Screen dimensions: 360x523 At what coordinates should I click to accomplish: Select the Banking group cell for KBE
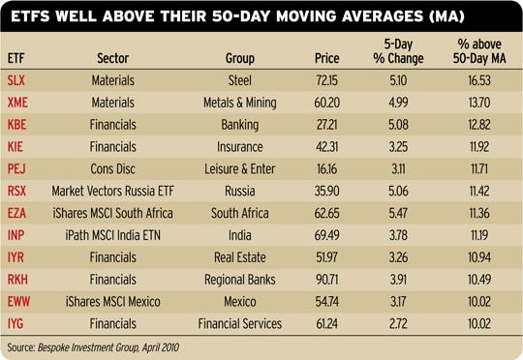tap(238, 125)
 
